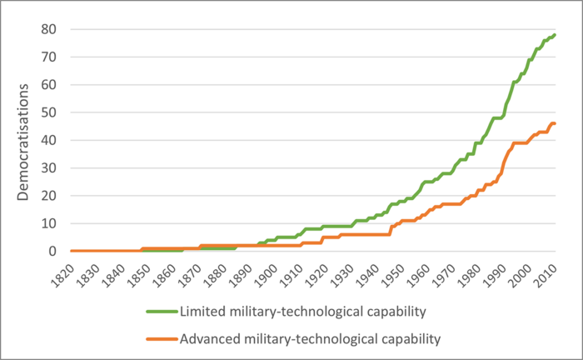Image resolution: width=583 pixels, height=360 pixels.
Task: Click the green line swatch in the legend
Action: pos(161,313)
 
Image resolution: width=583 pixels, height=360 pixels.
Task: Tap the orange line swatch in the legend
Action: pos(161,338)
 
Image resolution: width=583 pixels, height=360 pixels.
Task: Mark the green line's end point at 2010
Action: pos(556,35)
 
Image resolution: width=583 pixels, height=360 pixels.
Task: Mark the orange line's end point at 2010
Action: pos(556,124)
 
